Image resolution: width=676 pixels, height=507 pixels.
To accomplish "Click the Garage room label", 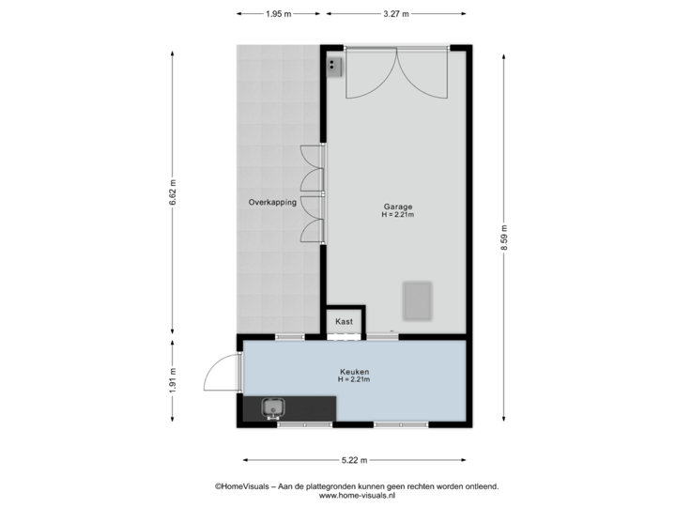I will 397,207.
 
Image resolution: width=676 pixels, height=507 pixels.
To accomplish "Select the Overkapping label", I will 272,202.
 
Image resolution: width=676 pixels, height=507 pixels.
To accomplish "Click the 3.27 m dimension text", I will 394,14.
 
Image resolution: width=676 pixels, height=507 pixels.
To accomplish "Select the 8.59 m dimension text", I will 505,236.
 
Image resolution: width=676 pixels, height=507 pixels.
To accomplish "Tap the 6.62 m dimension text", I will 171,194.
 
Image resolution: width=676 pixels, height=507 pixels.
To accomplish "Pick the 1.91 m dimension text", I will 171,380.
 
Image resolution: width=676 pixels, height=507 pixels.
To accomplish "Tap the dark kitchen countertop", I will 310,407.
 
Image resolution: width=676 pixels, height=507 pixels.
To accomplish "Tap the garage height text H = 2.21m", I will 397,215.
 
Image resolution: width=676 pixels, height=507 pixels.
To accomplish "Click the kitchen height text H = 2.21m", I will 354,379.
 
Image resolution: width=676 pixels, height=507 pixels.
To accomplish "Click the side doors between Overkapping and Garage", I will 313,194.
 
